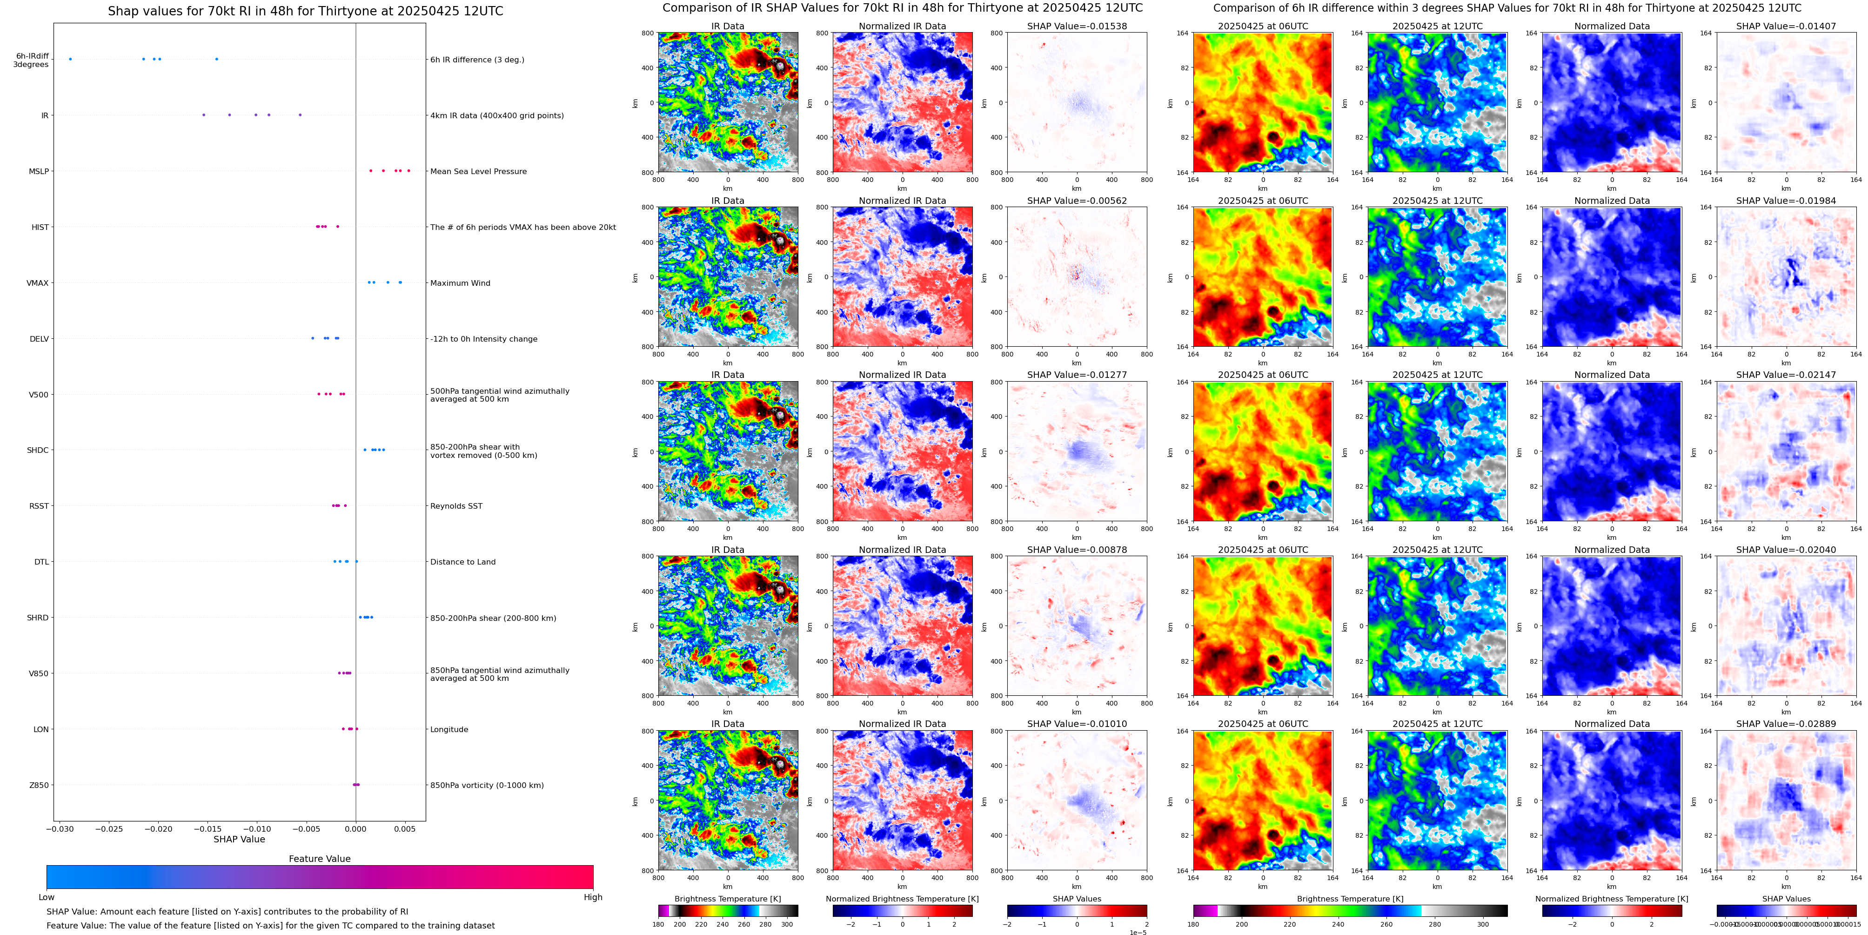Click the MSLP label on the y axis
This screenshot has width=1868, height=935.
[x=39, y=171]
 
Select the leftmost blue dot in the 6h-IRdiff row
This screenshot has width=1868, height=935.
[x=70, y=59]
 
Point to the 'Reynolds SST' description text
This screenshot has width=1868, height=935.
[x=455, y=506]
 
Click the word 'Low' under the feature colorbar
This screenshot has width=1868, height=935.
[x=47, y=897]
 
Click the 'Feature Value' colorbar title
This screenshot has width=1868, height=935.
[x=319, y=859]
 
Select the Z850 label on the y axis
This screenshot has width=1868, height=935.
[x=39, y=785]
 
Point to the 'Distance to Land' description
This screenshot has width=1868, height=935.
[x=462, y=562]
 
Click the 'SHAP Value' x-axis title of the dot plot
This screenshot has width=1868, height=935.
[x=239, y=839]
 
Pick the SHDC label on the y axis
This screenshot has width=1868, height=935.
[x=38, y=451]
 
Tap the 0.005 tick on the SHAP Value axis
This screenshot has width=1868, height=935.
[x=405, y=828]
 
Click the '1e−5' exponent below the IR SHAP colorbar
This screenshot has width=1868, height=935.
[x=1137, y=932]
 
